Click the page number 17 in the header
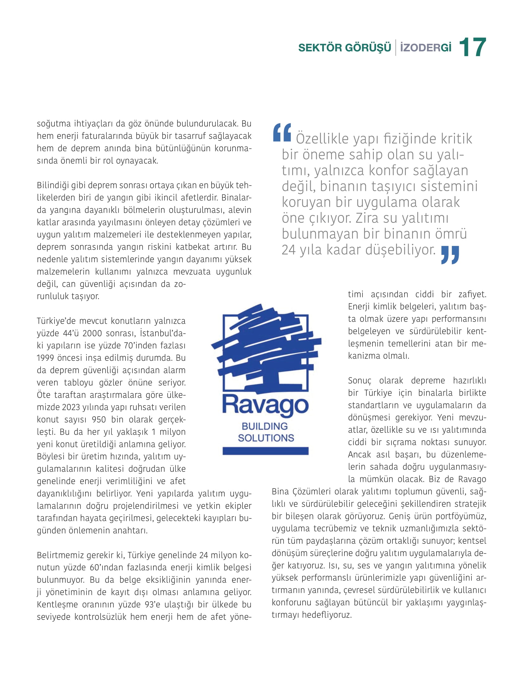pos(472,48)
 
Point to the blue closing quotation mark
pos(450,255)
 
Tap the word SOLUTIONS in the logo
pos(266,438)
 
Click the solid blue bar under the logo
pos(265,451)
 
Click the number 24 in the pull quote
pos(288,250)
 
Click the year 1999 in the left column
pos(46,358)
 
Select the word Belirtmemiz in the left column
pos(59,555)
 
